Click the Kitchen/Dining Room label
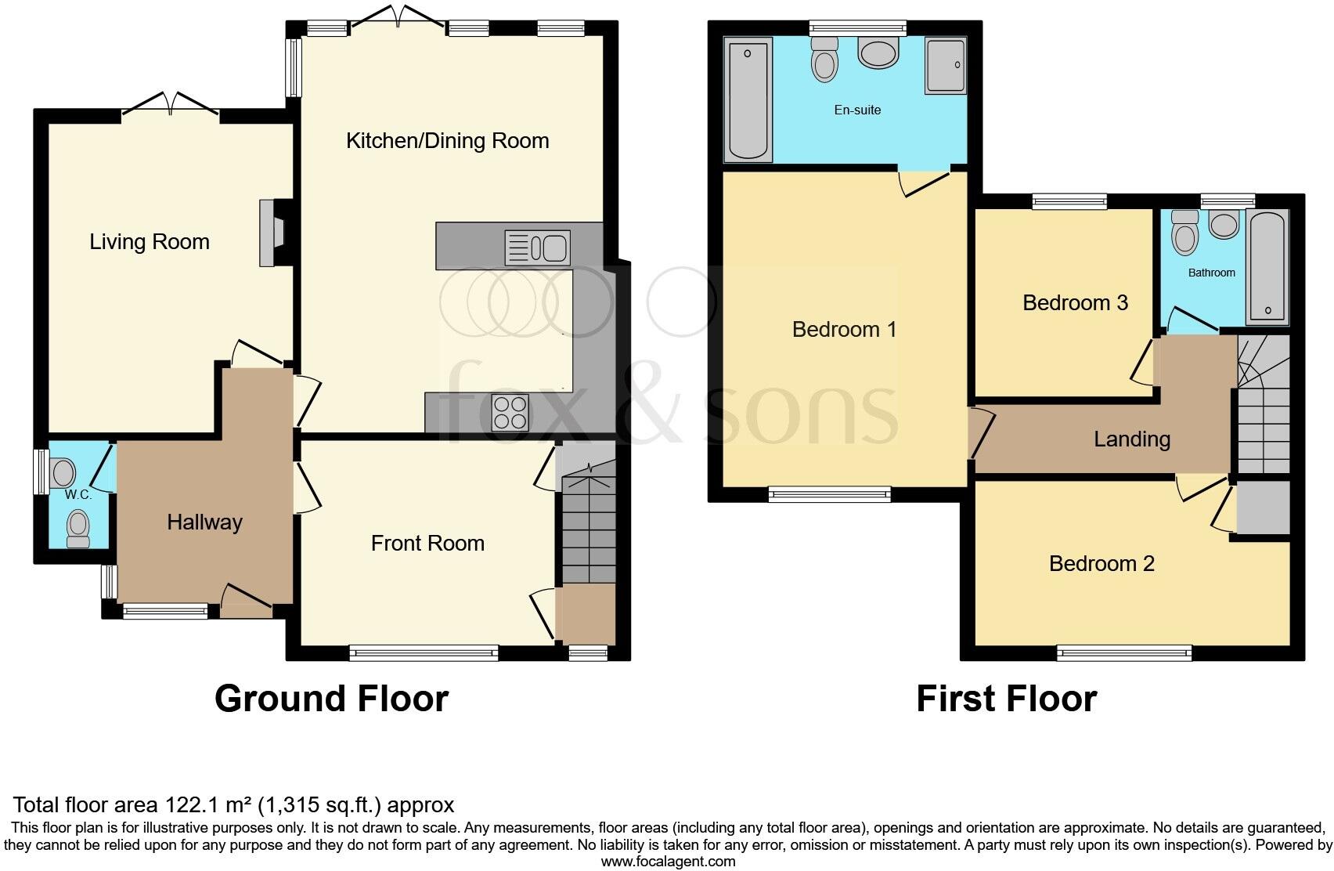(447, 141)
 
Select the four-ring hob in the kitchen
(510, 412)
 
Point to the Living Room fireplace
(272, 233)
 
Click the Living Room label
(150, 242)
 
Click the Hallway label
(204, 522)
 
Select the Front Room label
(427, 544)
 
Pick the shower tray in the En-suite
(945, 66)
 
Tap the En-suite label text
(857, 110)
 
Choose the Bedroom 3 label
(1075, 303)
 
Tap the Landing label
(1131, 439)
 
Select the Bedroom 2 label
(1101, 564)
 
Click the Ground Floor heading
(331, 699)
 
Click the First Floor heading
(1006, 699)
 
